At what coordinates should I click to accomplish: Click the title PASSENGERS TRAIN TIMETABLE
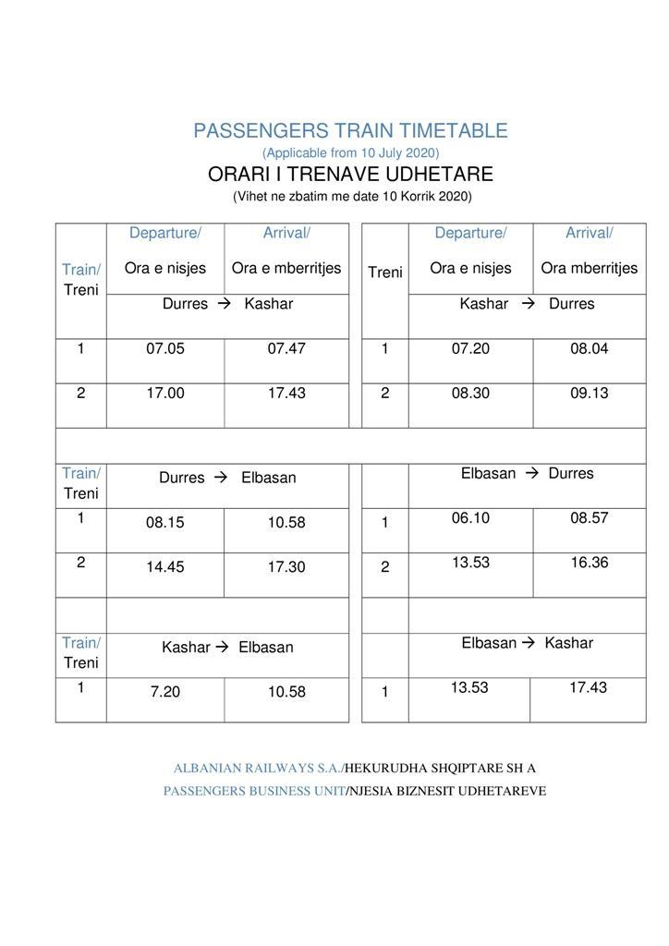[350, 131]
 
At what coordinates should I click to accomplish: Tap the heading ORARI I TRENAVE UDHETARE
[350, 175]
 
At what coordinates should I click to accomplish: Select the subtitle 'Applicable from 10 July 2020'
[350, 152]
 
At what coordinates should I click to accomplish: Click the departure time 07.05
[165, 349]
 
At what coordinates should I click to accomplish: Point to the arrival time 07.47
[286, 349]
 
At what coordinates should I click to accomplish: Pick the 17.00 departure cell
[165, 394]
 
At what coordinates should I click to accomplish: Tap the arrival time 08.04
[589, 349]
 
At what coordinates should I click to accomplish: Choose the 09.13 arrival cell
[589, 394]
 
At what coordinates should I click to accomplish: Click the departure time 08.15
[165, 523]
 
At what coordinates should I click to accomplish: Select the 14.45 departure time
[165, 567]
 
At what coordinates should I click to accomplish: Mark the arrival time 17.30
[286, 567]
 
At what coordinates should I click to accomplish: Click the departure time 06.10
[470, 518]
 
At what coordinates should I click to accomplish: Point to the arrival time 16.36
[589, 563]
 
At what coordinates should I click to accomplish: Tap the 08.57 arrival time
[589, 518]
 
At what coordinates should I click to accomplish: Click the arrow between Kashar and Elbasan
[222, 648]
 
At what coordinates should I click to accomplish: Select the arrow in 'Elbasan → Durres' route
[532, 474]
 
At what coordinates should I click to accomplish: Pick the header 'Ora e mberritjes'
[286, 269]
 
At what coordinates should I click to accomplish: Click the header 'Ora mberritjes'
[589, 269]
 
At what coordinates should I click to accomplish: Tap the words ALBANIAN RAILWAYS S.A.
[258, 769]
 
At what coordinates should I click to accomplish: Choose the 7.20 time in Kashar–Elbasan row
[165, 692]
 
